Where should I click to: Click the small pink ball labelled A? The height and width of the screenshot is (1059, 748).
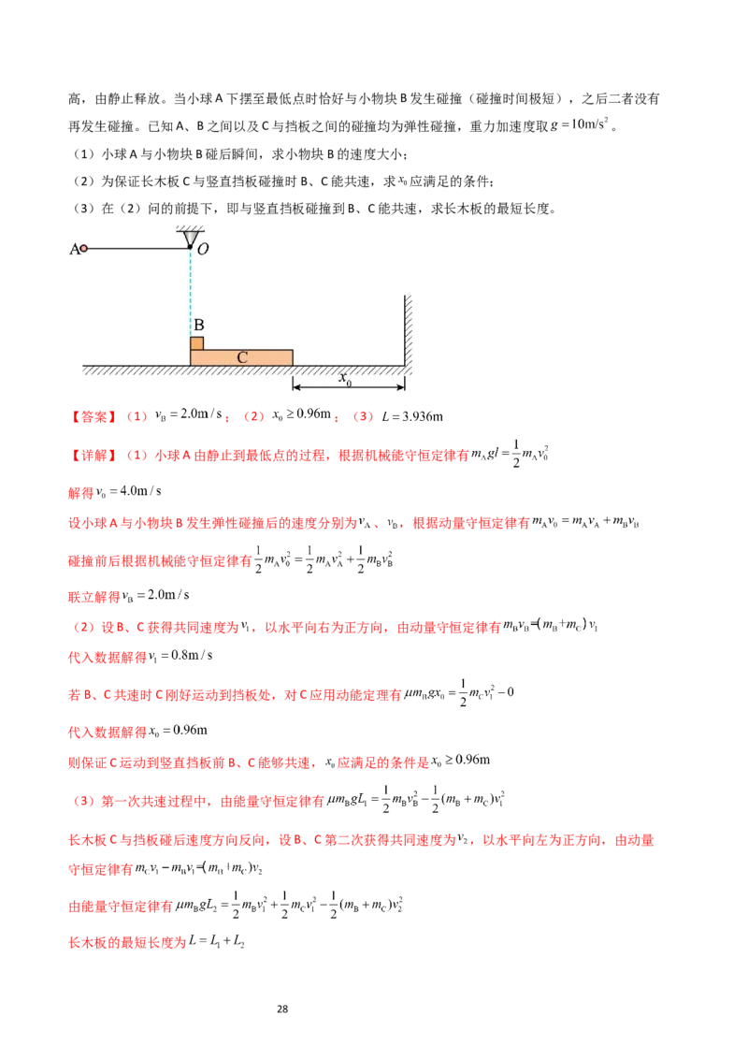tap(84, 249)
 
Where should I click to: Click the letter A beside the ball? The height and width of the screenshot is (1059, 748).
tap(74, 249)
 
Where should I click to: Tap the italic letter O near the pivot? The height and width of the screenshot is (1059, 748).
tap(203, 249)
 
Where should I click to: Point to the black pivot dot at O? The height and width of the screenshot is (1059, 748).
tap(190, 248)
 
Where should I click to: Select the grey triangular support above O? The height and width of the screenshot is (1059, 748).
tap(190, 238)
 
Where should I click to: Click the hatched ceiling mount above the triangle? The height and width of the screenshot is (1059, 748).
tap(190, 227)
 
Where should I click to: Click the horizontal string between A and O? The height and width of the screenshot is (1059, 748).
tap(137, 248)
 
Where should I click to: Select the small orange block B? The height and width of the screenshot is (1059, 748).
tap(196, 342)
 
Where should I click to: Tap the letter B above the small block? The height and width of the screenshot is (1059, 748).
tap(198, 326)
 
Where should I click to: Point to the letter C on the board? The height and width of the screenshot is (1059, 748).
tap(241, 357)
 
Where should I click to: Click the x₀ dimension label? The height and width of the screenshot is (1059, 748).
tap(346, 378)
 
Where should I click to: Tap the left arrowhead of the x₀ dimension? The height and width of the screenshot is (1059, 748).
tap(297, 384)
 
